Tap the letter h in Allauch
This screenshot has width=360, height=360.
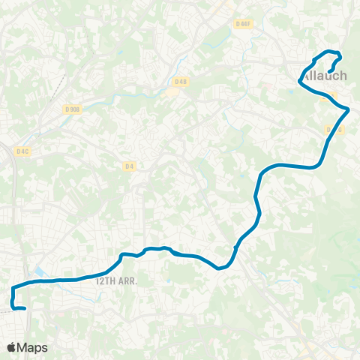343,76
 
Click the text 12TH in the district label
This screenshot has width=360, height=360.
106,280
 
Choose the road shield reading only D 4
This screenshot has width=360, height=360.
130,166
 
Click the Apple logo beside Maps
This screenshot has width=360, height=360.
12,347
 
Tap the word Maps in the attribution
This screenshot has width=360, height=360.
33,347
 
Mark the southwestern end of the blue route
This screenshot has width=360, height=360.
25,308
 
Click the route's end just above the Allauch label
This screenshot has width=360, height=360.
331,72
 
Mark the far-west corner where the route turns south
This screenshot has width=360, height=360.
13,287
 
